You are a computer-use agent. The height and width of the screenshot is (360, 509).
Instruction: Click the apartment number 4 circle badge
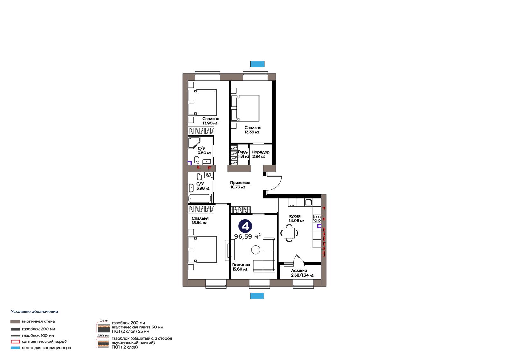[245, 226]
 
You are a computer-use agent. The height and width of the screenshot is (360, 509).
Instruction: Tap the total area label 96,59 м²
[247, 236]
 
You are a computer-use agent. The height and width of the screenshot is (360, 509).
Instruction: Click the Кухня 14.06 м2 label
[296, 218]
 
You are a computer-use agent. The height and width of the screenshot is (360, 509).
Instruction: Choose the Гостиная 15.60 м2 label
[241, 267]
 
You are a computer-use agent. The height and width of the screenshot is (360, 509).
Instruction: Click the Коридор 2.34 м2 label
[261, 154]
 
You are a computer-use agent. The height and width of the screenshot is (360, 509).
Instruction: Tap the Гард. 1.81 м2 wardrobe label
[243, 154]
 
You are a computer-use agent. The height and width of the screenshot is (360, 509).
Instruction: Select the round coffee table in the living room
[256, 250]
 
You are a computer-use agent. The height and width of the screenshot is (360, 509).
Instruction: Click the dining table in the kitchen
[289, 233]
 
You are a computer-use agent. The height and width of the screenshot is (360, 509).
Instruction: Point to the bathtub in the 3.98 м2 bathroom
[200, 199]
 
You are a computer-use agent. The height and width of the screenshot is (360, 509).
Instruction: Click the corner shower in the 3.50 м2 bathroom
[194, 143]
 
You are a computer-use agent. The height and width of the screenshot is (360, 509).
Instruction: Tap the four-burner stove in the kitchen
[317, 219]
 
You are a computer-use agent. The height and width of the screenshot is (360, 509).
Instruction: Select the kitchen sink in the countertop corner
[308, 202]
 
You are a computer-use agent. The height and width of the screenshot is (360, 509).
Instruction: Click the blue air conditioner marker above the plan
[257, 64]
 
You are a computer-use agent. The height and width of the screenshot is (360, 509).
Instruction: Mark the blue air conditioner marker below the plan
[257, 296]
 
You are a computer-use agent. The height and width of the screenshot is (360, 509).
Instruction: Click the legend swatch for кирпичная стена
[15, 321]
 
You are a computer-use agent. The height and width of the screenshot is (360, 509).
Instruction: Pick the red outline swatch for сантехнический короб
[15, 342]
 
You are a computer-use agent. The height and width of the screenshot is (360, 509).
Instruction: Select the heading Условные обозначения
[35, 312]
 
